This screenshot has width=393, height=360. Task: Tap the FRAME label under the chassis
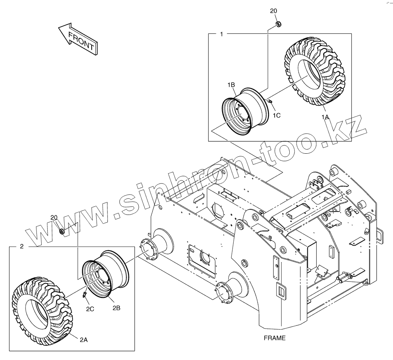(x=274, y=338)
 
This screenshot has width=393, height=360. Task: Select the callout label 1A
(x=325, y=117)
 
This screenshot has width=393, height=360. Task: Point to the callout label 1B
(x=231, y=85)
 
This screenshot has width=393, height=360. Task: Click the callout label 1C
(x=277, y=115)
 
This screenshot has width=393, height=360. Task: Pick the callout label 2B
(x=116, y=308)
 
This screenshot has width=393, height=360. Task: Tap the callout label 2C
(x=90, y=309)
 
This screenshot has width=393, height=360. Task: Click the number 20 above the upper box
(x=274, y=11)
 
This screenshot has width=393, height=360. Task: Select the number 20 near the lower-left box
(x=54, y=218)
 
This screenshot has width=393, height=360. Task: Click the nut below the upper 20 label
(x=278, y=25)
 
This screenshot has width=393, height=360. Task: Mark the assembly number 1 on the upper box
(x=221, y=34)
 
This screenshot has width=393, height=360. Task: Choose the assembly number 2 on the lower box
(x=21, y=247)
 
